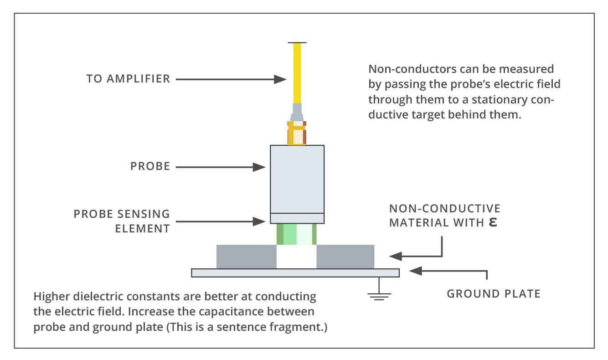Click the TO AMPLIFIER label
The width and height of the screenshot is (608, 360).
tap(128, 79)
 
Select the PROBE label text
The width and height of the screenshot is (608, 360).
tap(150, 167)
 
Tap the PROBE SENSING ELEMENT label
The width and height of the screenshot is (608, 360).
tap(122, 221)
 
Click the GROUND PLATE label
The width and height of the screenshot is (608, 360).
tap(493, 293)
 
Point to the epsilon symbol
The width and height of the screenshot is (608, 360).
tap(492, 222)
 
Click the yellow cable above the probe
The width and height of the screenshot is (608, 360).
tap(297, 73)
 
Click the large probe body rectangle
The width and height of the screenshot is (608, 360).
tap(297, 179)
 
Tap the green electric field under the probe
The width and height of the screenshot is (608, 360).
tap(297, 234)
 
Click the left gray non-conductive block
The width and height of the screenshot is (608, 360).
tap(246, 257)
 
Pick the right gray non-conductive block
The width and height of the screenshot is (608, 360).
tap(345, 257)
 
